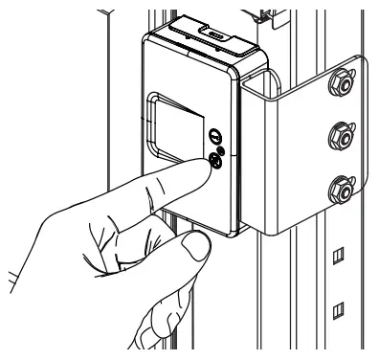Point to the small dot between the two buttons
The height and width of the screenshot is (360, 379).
[221, 151]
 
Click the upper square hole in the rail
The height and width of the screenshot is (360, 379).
[337, 256]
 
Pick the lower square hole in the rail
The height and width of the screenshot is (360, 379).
[337, 309]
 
